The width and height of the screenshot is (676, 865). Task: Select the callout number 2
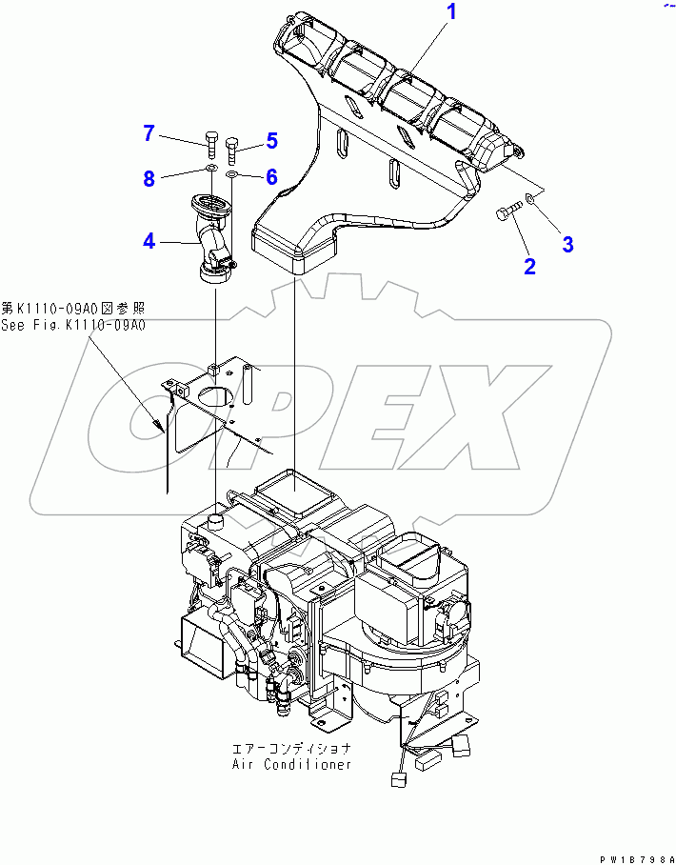click(530, 266)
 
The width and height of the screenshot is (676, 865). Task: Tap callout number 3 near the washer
click(567, 244)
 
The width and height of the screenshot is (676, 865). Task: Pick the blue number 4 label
click(149, 241)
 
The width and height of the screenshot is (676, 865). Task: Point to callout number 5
click(271, 141)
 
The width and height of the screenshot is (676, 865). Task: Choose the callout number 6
click(271, 176)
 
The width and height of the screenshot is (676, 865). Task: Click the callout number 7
click(149, 133)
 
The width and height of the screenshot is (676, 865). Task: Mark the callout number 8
click(149, 178)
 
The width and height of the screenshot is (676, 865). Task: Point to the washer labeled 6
click(233, 174)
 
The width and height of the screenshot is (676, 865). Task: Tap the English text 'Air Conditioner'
click(291, 764)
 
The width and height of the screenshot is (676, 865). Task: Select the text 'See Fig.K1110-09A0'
click(72, 325)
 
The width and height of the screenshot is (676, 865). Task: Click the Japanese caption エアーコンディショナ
click(291, 749)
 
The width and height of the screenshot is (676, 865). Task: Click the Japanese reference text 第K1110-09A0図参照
click(72, 309)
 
